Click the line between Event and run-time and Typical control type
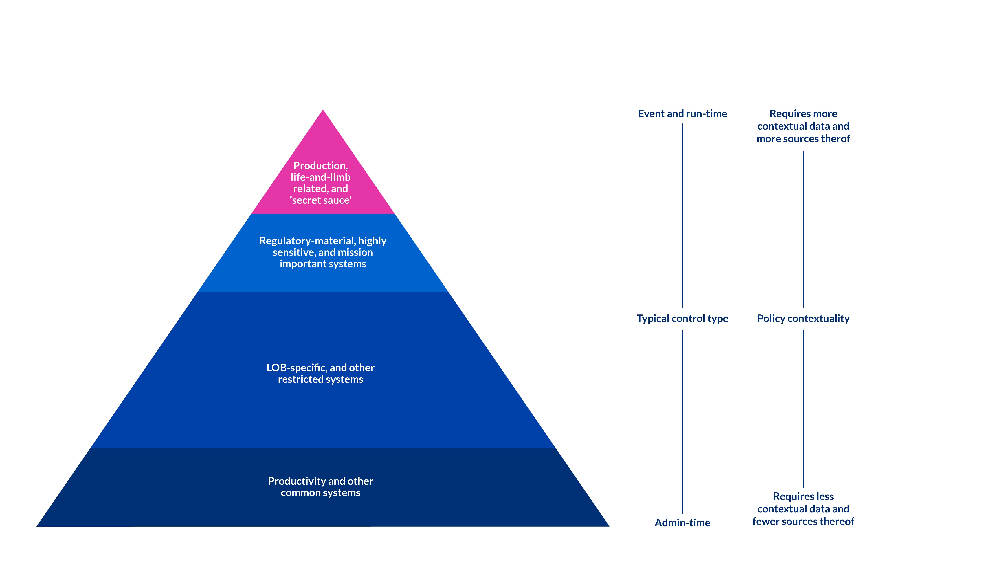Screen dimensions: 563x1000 [682, 216]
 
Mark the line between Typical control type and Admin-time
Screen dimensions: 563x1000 [682, 422]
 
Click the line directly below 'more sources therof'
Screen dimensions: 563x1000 [803, 229]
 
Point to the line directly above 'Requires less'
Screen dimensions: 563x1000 [803, 408]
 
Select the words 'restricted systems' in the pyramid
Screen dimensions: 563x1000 [321, 379]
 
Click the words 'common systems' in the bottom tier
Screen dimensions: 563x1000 [321, 493]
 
